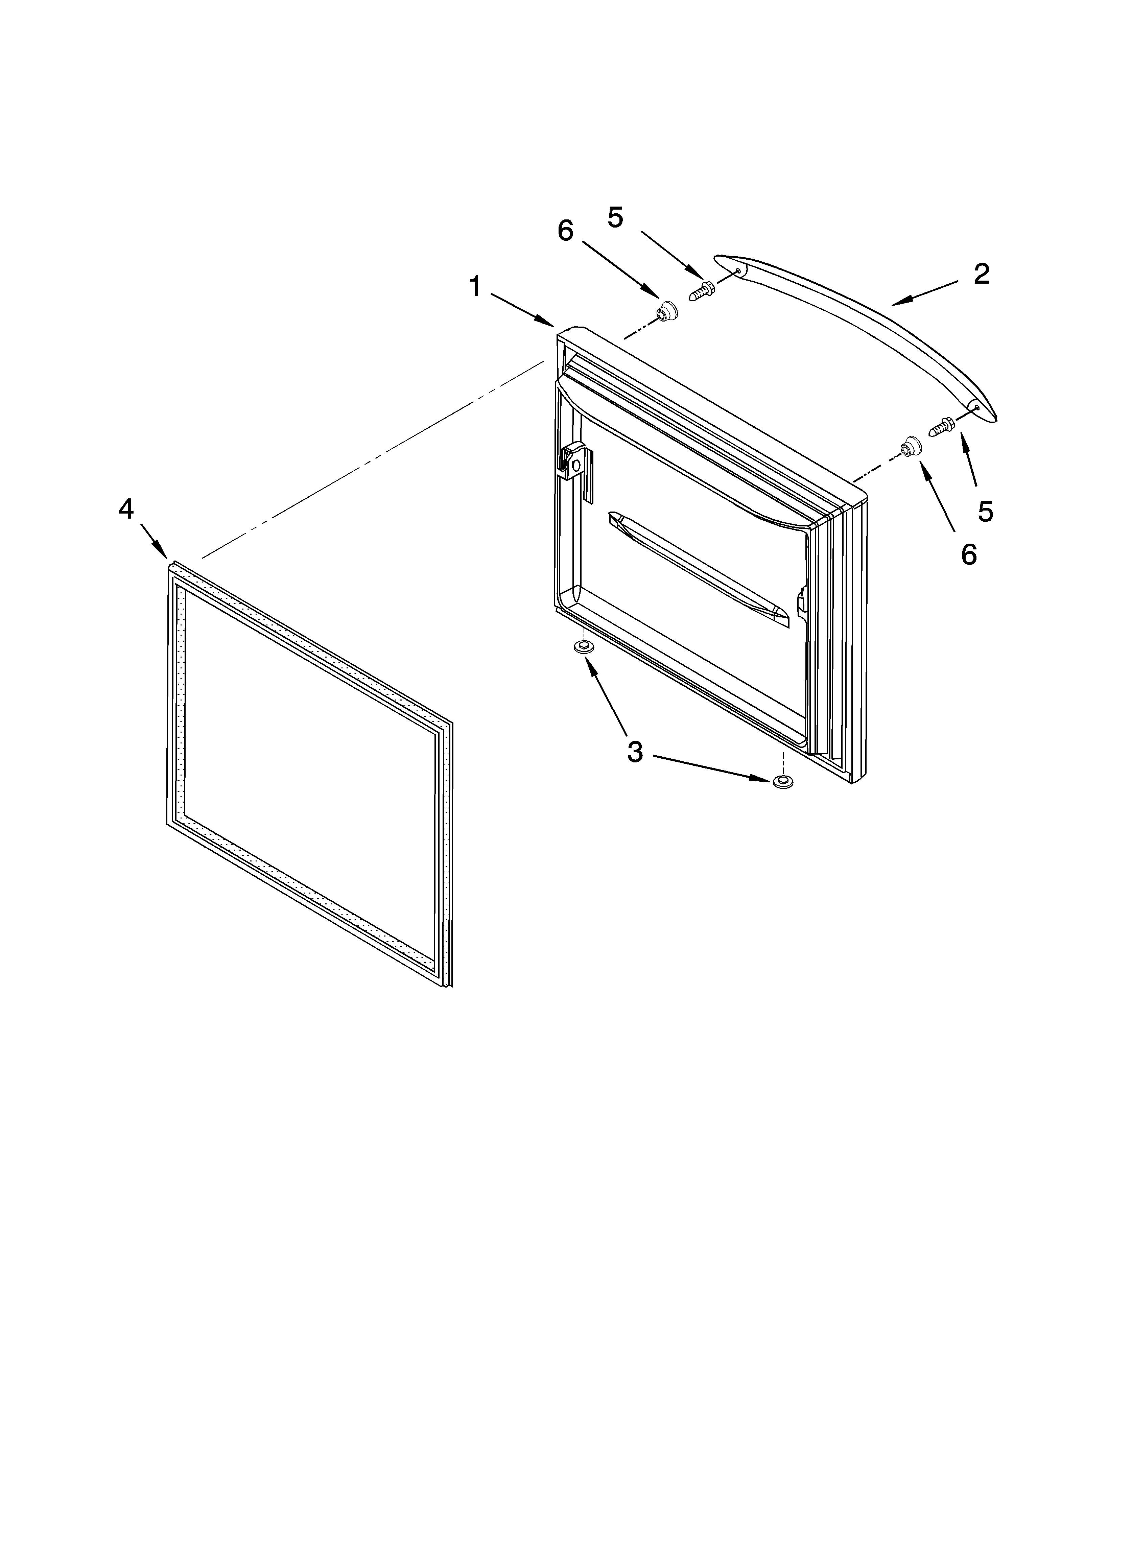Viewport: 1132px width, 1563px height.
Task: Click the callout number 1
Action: click(x=475, y=287)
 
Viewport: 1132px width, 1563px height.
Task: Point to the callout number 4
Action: click(x=125, y=509)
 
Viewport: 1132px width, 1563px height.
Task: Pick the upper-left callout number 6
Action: click(x=565, y=231)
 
